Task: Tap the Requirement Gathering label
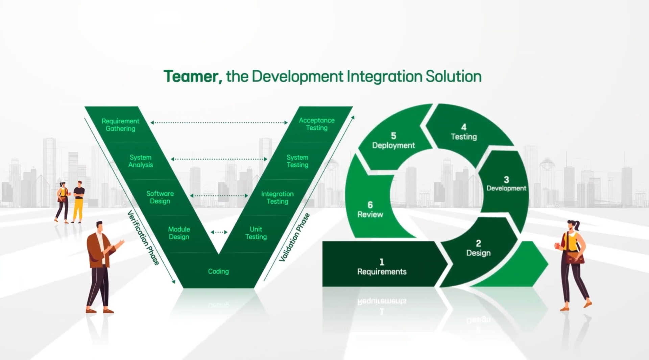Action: [x=120, y=125]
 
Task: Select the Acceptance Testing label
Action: [x=316, y=124]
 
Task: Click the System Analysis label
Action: [x=141, y=161]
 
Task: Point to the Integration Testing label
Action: [x=277, y=198]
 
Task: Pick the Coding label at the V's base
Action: [x=218, y=271]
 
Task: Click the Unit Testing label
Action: [x=256, y=233]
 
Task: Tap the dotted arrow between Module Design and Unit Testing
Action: [x=219, y=232]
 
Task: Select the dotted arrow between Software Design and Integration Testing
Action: [x=219, y=196]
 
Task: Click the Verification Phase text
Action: [x=143, y=238]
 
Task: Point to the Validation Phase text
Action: [x=294, y=237]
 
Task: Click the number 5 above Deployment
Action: [x=393, y=136]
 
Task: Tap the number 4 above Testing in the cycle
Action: [x=464, y=127]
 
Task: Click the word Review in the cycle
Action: [x=370, y=215]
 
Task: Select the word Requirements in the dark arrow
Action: [x=382, y=272]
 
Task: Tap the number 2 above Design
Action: [x=478, y=243]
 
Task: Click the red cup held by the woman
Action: [x=557, y=246]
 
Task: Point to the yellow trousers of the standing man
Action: [x=78, y=210]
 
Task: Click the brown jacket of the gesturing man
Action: [x=96, y=250]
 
